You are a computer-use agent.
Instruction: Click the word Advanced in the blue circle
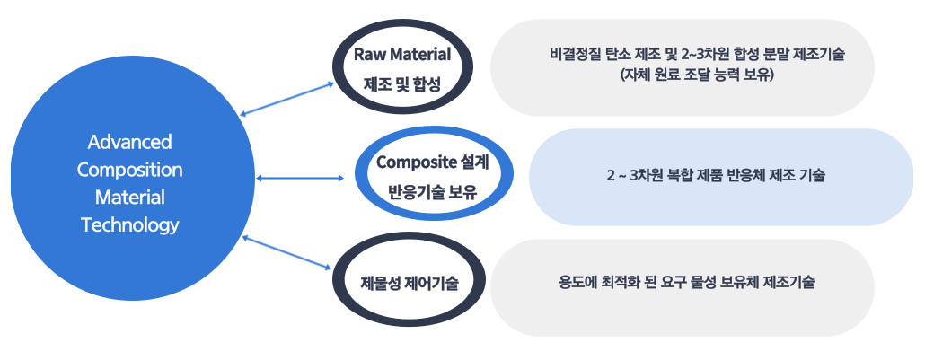click(x=130, y=142)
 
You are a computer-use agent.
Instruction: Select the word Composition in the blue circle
click(x=130, y=171)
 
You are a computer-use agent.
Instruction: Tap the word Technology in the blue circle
click(x=130, y=225)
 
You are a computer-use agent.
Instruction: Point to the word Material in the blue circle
click(x=130, y=198)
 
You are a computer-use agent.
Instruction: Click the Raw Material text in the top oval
click(x=402, y=55)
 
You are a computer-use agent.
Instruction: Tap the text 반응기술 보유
click(x=433, y=192)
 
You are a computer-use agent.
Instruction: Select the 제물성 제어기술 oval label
click(x=410, y=284)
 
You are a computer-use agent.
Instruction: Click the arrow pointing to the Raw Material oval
click(x=287, y=99)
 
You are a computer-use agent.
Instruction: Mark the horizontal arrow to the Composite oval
click(x=300, y=178)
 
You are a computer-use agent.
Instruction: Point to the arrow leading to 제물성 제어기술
click(x=287, y=252)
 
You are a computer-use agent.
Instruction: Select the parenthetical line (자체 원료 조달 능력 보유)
click(x=696, y=75)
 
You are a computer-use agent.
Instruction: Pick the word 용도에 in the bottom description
click(x=577, y=283)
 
